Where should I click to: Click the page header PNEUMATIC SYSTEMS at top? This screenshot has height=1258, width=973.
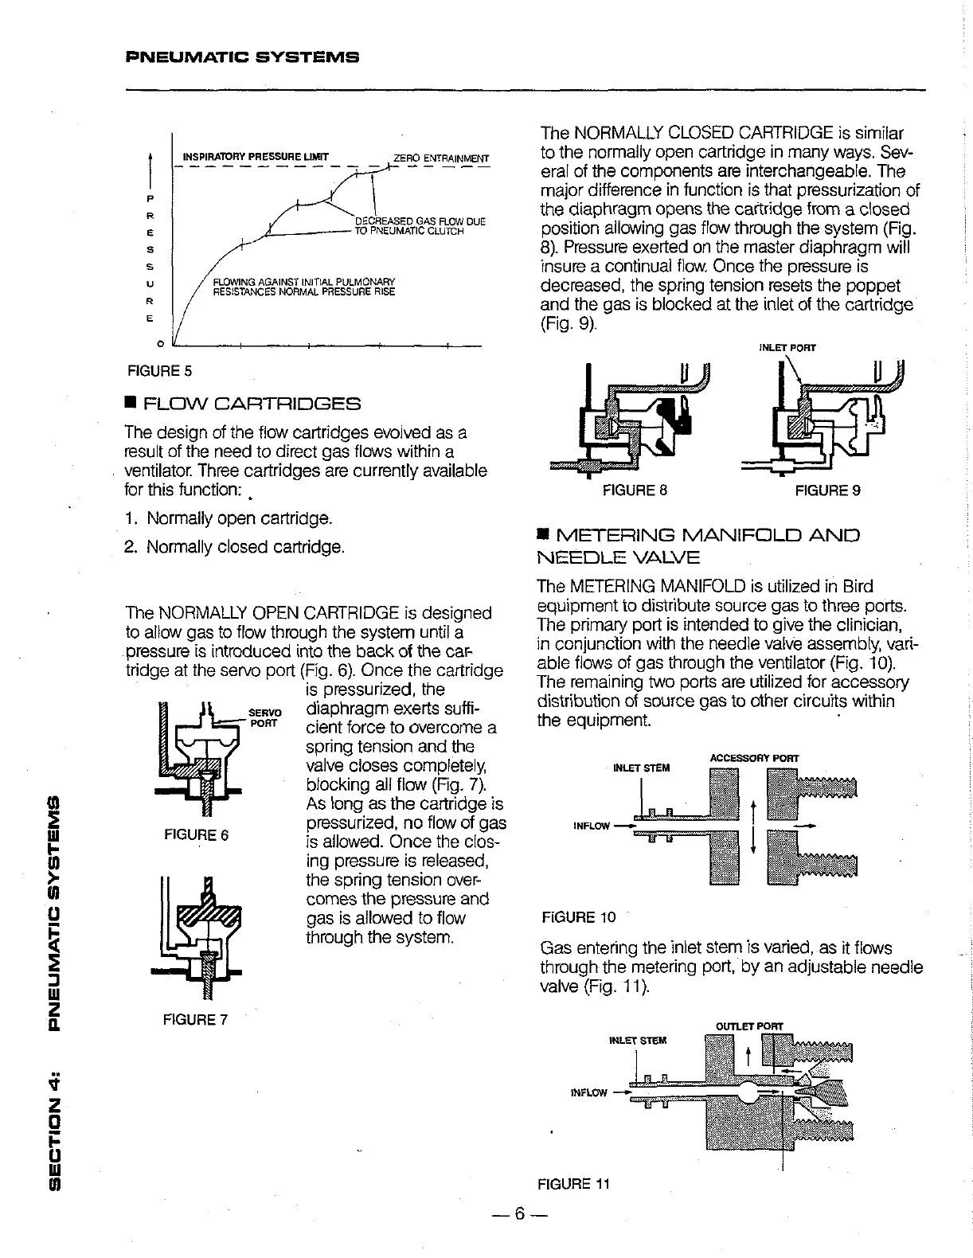tap(243, 57)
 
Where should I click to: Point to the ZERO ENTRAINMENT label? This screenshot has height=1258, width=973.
tap(440, 157)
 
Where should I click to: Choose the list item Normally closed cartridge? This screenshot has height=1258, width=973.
tap(235, 548)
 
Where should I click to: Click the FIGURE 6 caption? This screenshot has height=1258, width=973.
tap(196, 835)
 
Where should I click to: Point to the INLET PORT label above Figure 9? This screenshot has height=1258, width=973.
tap(787, 347)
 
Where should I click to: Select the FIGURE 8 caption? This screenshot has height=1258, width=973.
tap(635, 490)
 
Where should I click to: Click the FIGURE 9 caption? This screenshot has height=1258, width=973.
tap(828, 490)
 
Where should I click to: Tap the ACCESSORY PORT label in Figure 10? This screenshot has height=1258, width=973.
tap(753, 757)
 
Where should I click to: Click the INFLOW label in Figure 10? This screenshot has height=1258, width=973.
tap(592, 826)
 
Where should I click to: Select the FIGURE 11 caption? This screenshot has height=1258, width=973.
tap(573, 1184)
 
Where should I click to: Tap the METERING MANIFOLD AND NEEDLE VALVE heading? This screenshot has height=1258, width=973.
tap(698, 545)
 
